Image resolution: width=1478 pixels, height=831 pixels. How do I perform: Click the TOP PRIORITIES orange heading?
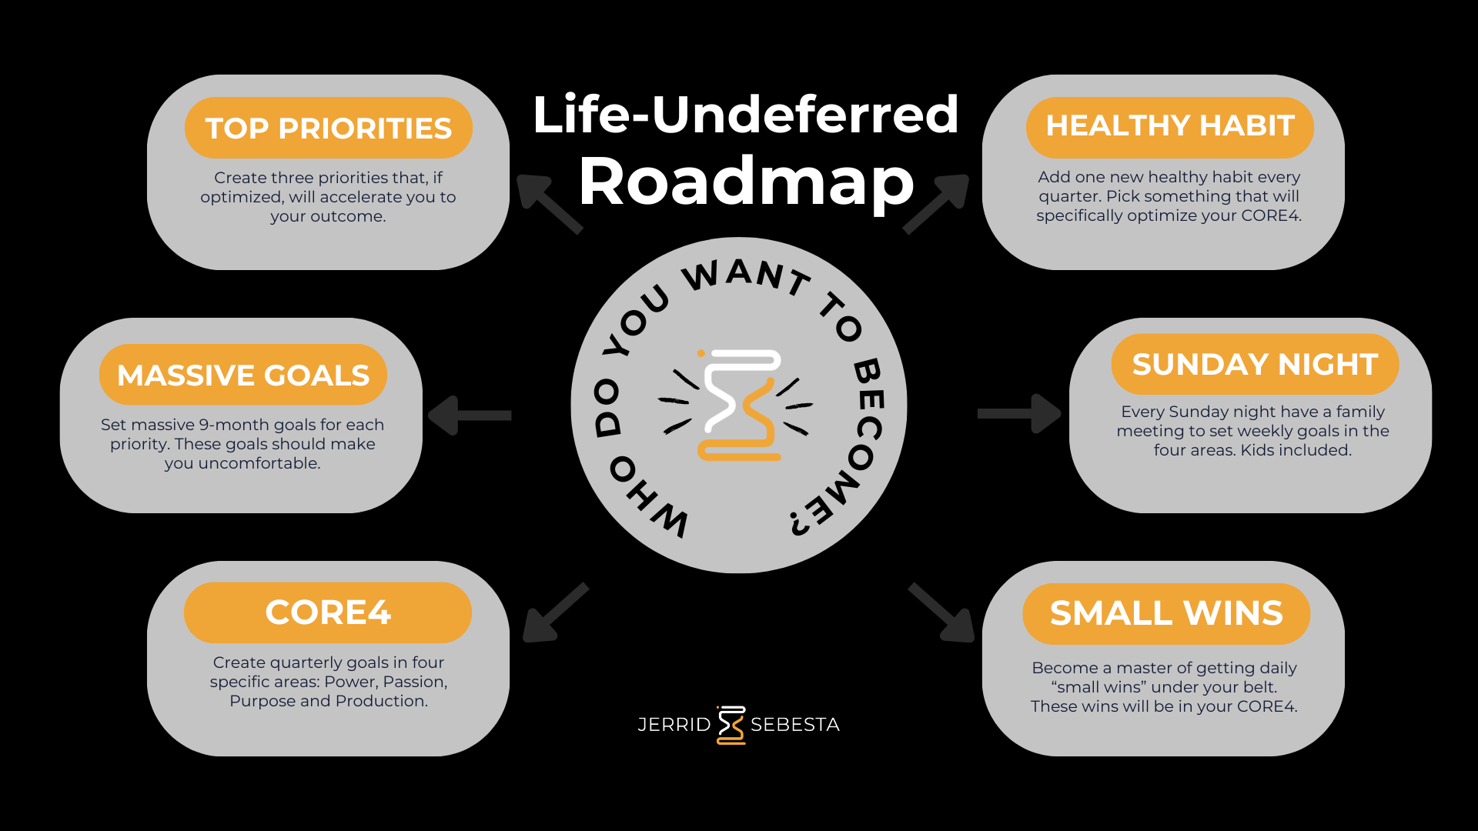click(x=328, y=128)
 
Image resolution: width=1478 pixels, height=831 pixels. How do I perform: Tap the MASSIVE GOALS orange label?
click(x=243, y=375)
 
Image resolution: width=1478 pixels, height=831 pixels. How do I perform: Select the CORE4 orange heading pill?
click(x=328, y=612)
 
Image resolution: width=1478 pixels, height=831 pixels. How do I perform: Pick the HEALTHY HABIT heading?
click(x=1170, y=126)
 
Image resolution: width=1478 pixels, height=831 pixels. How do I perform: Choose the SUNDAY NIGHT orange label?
click(x=1255, y=364)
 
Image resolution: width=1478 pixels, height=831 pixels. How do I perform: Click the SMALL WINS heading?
click(x=1166, y=613)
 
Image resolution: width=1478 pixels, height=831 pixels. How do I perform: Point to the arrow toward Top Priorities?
click(x=548, y=203)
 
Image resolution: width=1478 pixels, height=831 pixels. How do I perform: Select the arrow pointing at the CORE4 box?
click(x=554, y=612)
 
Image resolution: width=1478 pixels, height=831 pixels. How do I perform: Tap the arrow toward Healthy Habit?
click(x=936, y=203)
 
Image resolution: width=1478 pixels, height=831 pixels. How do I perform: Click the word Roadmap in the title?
click(x=746, y=182)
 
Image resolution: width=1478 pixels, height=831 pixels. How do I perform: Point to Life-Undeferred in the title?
click(x=745, y=115)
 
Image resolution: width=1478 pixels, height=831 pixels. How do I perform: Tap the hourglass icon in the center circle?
click(x=739, y=405)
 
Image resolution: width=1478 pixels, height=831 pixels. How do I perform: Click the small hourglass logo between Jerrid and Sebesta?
click(x=731, y=725)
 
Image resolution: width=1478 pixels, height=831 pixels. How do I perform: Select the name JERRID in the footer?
click(x=674, y=725)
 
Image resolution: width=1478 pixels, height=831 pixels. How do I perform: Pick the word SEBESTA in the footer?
click(x=794, y=725)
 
